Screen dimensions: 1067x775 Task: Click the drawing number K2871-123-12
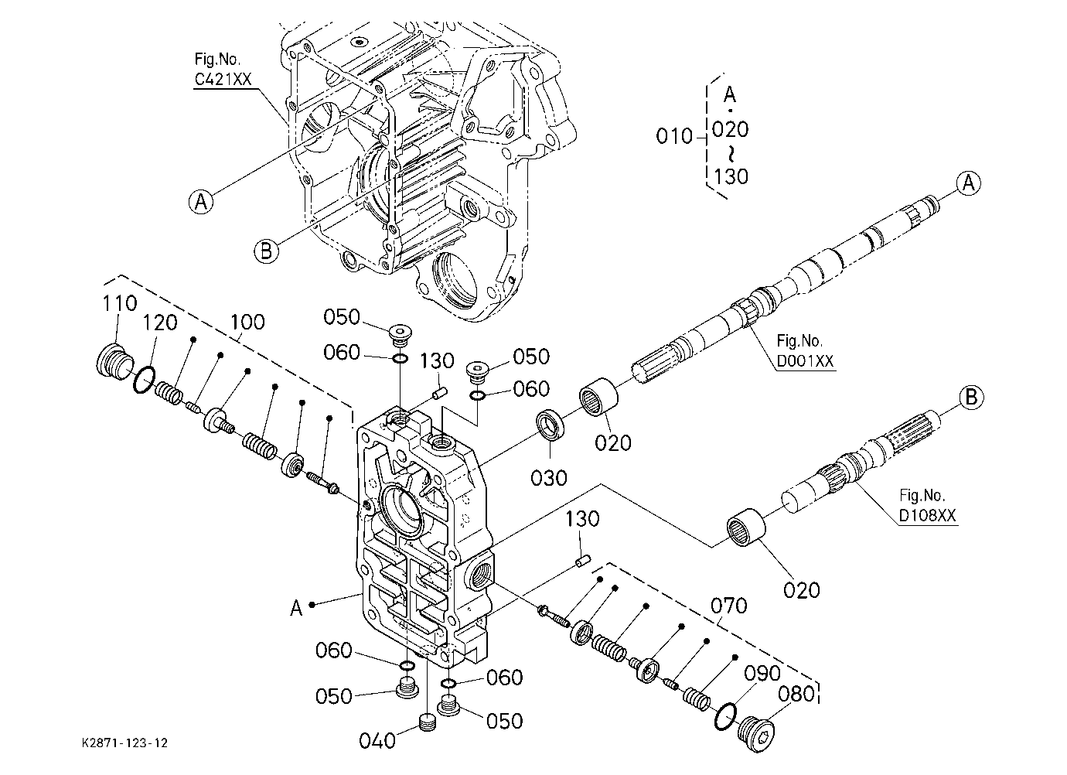[124, 743]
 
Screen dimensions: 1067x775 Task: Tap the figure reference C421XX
[223, 79]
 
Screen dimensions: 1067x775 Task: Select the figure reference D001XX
[806, 361]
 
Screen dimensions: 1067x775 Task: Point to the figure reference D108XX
[927, 516]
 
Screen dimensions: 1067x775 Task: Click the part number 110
[120, 303]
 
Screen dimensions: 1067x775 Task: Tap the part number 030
[549, 478]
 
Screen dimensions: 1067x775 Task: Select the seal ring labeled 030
[551, 424]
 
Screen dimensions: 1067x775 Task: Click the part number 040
[377, 741]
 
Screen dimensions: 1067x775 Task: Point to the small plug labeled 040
[428, 722]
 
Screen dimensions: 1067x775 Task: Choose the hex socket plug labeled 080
[756, 735]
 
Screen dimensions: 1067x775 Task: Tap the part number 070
[729, 606]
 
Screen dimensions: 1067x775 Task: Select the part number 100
[247, 323]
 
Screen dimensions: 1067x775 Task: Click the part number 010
[674, 136]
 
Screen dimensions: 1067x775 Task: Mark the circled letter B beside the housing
[266, 251]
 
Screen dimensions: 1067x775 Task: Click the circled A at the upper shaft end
[968, 183]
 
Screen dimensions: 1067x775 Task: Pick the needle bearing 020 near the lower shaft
[745, 527]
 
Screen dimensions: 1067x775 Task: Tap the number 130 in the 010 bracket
[731, 177]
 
